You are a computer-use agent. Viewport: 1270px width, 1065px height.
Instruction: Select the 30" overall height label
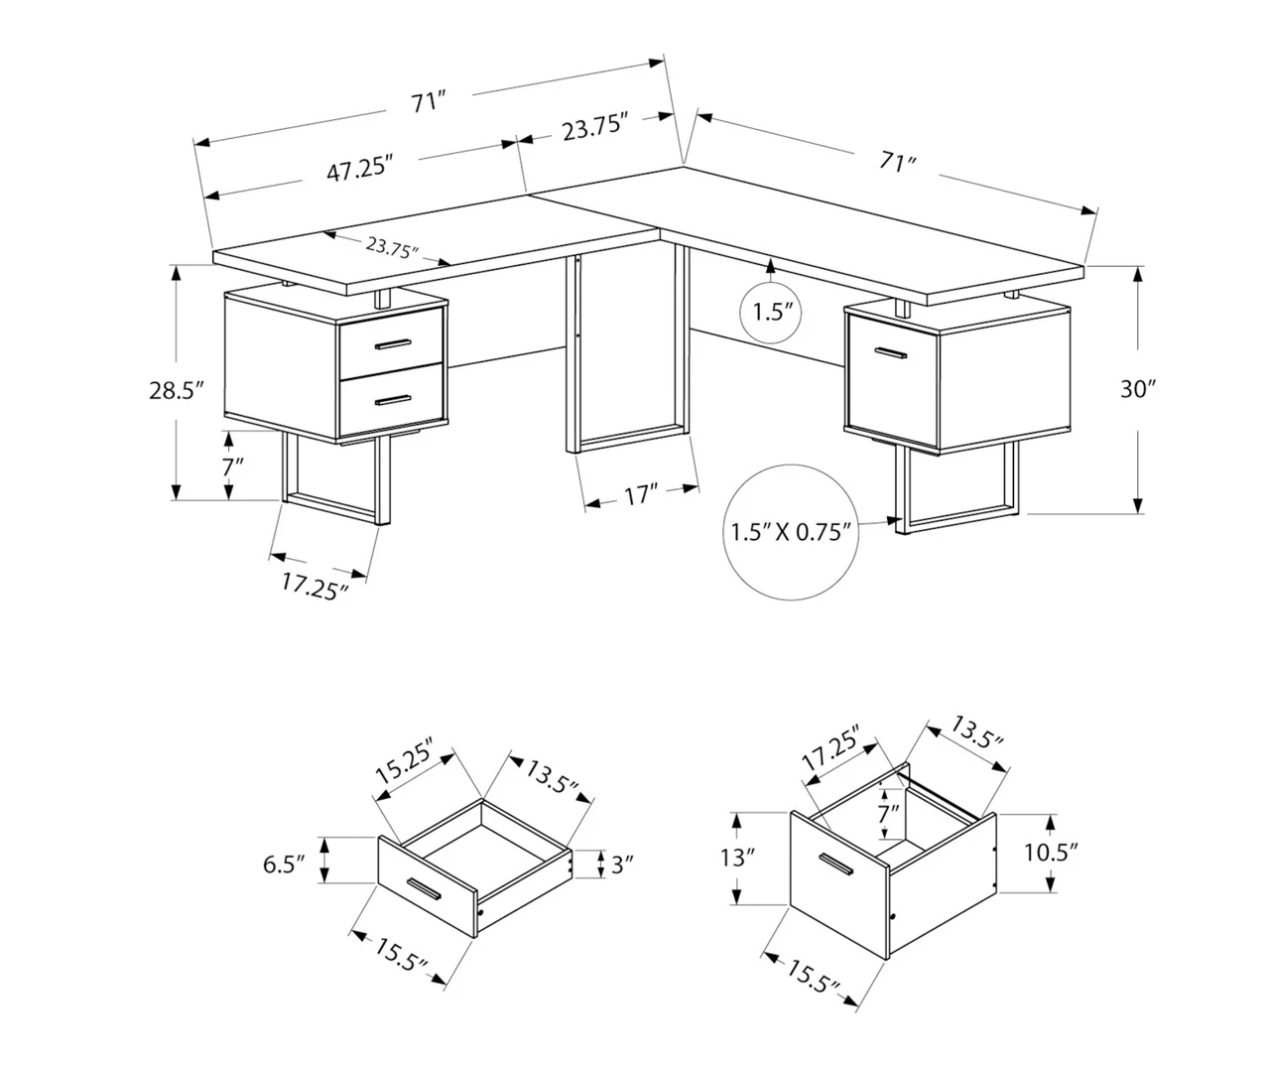[1139, 389]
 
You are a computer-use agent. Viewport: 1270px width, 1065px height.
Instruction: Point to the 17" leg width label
[642, 494]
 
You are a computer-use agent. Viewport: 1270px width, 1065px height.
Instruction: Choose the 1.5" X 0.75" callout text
[792, 532]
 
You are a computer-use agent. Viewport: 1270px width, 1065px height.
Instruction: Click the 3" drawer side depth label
[622, 865]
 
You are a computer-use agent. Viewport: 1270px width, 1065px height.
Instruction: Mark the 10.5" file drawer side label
[1051, 852]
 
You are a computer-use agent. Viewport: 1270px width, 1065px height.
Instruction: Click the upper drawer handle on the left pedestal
[393, 343]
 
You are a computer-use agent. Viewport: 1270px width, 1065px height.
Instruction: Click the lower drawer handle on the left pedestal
[393, 400]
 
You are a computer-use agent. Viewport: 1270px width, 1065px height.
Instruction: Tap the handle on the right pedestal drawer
[889, 352]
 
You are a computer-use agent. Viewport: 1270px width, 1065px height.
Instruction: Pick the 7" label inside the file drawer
[888, 816]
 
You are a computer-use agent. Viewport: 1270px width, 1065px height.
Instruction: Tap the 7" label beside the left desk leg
[232, 466]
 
